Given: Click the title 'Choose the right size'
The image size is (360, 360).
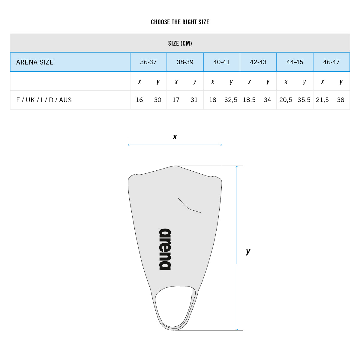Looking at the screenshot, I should pos(180,22).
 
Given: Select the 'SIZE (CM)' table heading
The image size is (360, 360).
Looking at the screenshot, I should pos(180,43).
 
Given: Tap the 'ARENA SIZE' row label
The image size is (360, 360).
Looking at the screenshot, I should pos(35,62).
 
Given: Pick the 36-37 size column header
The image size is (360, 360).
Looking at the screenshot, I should pos(148,62).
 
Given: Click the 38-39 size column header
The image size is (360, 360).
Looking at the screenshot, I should pos(185,62).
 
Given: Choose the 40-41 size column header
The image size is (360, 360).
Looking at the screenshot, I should pos(222,62).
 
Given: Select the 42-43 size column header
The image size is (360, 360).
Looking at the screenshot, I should pos(258,62).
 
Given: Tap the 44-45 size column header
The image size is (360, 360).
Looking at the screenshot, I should pos(295,62).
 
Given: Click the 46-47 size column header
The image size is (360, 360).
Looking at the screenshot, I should pos(331,62).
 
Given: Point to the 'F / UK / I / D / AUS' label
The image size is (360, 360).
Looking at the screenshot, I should pos(44,100).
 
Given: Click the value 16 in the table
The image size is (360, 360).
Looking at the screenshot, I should pos(139,100).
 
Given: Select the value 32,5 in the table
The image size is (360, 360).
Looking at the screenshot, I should pos(231,100).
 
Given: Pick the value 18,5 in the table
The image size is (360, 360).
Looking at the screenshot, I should pos(249,100).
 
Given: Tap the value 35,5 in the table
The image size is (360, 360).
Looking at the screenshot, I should pos(304,100).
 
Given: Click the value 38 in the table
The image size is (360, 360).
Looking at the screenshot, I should pos(340,100).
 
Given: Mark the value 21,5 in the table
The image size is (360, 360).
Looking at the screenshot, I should pos(322,100).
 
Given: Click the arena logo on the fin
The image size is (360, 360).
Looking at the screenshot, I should pos(165,249).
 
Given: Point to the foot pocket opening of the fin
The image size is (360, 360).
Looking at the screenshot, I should pos(173,306).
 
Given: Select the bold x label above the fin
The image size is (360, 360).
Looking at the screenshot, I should pos(175,137).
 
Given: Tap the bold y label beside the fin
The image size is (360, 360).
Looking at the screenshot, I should pos(248,251).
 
